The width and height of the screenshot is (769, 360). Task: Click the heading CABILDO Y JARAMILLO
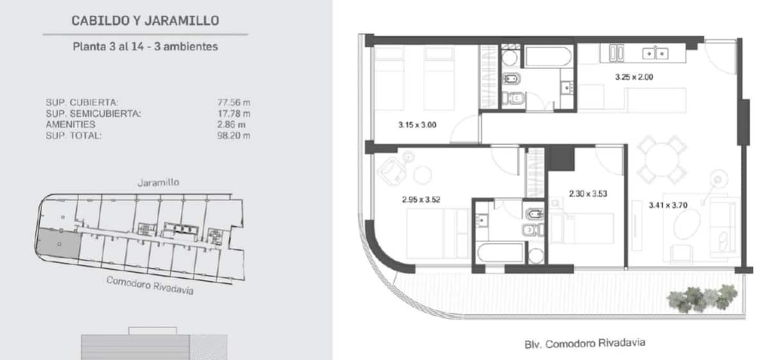[x=145, y=20]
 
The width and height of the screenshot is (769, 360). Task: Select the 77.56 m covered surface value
[x=234, y=102]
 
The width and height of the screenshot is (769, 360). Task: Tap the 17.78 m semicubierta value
[x=234, y=113]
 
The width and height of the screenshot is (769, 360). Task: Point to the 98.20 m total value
[x=234, y=136]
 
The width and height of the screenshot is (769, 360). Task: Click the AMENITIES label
[x=70, y=124]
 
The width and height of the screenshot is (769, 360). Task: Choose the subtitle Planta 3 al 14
[x=108, y=47]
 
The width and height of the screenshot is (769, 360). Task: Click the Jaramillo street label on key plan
[x=158, y=182]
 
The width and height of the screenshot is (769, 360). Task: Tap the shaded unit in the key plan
[x=58, y=243]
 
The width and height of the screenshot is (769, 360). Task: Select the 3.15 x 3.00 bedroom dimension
[x=417, y=125]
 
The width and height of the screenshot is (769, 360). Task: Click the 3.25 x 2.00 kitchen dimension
[x=634, y=78]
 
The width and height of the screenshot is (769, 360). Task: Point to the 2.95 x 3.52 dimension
[x=421, y=200]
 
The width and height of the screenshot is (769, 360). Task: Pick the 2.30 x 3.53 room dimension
[x=588, y=194]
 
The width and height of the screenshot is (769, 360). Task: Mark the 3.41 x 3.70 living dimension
[x=668, y=205]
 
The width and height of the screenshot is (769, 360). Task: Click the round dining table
[x=661, y=160]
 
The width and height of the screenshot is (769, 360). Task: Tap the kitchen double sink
[x=655, y=54]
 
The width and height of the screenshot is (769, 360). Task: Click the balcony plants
[x=702, y=299]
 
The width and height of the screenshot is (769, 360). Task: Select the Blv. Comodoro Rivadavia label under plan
[x=584, y=344]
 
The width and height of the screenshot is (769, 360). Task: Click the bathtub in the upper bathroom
[x=548, y=56]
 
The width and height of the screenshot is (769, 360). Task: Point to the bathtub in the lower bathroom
[x=500, y=252]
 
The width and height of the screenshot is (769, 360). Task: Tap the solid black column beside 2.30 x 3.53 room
[x=561, y=158]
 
